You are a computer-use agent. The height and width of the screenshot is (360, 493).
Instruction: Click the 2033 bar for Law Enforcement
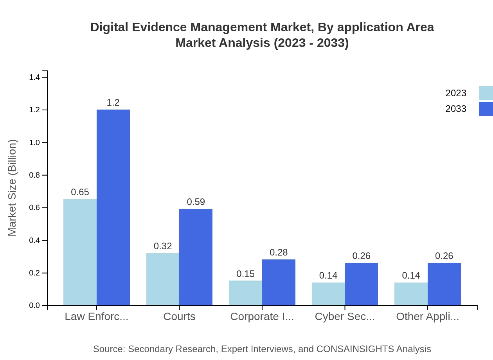pyautogui.click(x=113, y=207)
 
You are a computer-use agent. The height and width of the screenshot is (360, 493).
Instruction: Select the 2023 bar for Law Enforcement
pyautogui.click(x=80, y=252)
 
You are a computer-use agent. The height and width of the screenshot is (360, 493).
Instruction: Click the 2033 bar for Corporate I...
pyautogui.click(x=279, y=282)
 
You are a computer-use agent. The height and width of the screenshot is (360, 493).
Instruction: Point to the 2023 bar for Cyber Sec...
pyautogui.click(x=328, y=294)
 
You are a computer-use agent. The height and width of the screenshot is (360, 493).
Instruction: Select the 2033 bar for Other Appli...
pyautogui.click(x=444, y=284)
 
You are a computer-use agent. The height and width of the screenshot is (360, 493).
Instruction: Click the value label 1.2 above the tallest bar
pyautogui.click(x=113, y=103)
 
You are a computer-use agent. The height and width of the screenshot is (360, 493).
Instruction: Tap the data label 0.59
pyautogui.click(x=196, y=202)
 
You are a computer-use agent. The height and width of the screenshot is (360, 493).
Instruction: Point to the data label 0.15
pyautogui.click(x=245, y=274)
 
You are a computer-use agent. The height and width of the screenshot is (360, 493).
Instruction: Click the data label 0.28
pyautogui.click(x=279, y=252)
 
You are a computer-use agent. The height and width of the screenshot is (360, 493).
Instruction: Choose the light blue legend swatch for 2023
pyautogui.click(x=486, y=93)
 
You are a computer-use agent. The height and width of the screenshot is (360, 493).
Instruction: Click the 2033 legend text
pyautogui.click(x=456, y=109)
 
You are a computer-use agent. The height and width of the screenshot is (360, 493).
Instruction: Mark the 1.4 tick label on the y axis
pyautogui.click(x=34, y=77)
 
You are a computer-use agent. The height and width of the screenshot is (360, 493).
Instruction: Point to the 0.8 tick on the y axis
pyautogui.click(x=34, y=175)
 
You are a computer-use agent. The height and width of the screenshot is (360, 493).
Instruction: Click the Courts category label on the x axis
pyautogui.click(x=179, y=317)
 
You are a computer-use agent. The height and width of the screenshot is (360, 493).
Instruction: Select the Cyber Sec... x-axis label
pyautogui.click(x=345, y=317)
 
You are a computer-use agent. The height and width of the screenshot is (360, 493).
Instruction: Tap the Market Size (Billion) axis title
pyautogui.click(x=13, y=188)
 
